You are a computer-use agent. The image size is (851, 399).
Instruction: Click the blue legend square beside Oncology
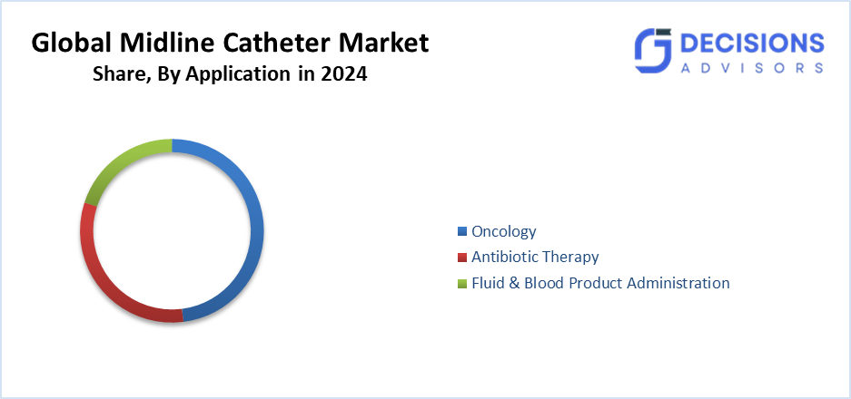(x=462, y=232)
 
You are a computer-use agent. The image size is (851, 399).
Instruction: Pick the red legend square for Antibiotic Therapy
(x=462, y=258)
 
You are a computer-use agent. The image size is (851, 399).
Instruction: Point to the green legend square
(x=462, y=284)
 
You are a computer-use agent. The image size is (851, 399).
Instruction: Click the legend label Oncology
(x=503, y=231)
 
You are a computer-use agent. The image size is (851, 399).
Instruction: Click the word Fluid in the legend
(x=489, y=283)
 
